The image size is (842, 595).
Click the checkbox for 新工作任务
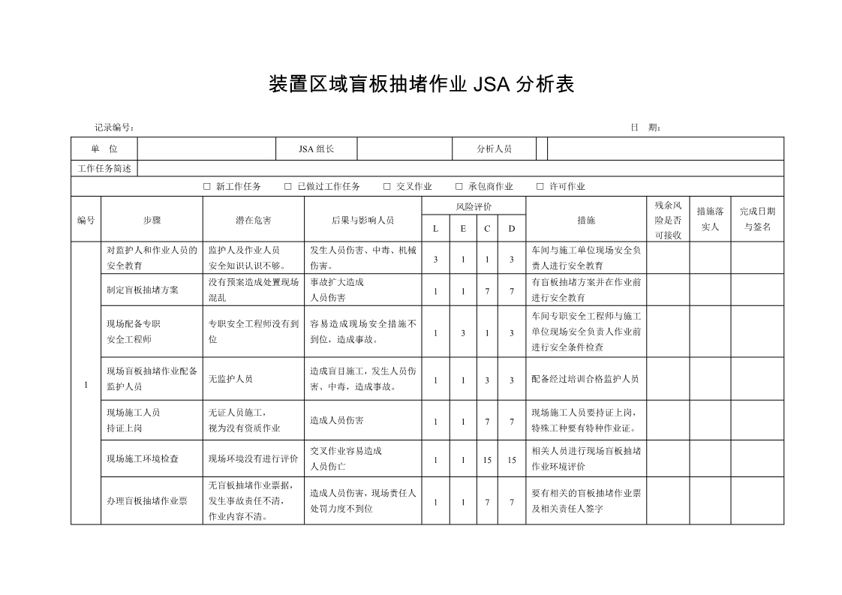[x=207, y=187]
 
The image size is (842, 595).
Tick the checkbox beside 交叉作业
[x=387, y=187]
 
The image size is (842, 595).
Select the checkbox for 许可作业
[x=540, y=187]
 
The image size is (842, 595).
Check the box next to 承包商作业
[x=459, y=187]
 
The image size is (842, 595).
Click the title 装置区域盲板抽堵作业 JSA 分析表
[x=421, y=84]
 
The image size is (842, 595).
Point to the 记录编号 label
[x=114, y=128]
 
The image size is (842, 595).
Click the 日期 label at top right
[x=645, y=128]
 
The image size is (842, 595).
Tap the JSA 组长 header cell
[x=316, y=149]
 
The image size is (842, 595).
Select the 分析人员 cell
[x=494, y=149]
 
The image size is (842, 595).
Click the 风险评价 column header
[x=474, y=206]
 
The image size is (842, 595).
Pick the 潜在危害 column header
[x=254, y=220]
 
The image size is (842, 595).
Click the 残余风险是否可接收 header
[x=667, y=220]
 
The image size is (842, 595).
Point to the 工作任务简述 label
[x=104, y=169]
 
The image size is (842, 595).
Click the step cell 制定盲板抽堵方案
[x=143, y=290]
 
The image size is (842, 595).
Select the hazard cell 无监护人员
[x=230, y=379]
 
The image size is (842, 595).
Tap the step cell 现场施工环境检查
[x=143, y=459]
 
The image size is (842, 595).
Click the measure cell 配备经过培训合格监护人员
[x=585, y=379]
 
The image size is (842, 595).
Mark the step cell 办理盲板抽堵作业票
[x=147, y=500]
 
